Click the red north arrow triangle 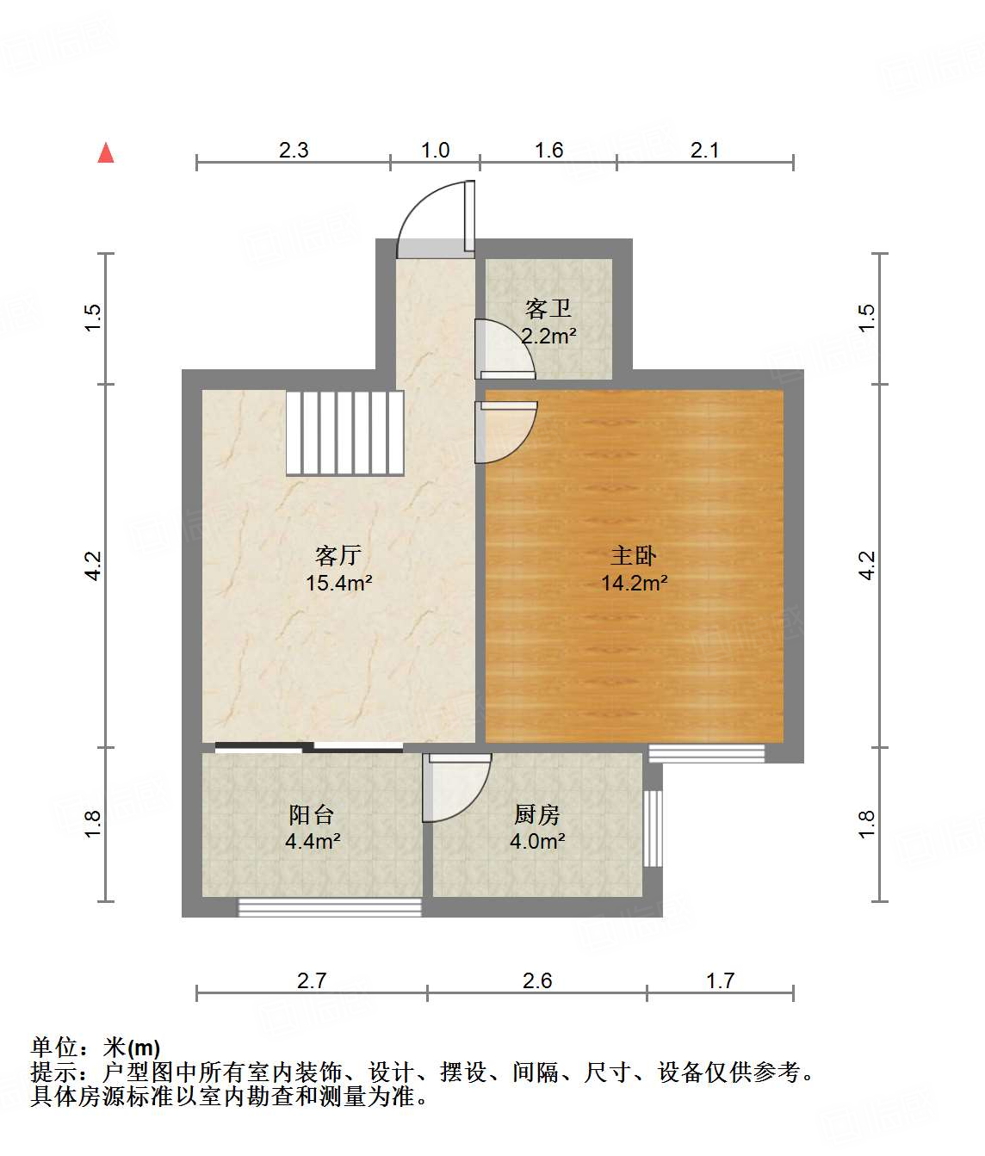(106, 153)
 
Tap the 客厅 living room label (338, 555)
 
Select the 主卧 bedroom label (634, 555)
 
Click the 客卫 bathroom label (548, 308)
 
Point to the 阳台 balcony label (311, 814)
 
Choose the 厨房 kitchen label (536, 814)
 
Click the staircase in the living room (345, 433)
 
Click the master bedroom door (506, 430)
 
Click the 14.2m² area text (635, 583)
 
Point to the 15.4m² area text (338, 583)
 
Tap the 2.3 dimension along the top (294, 150)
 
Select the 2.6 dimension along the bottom (536, 980)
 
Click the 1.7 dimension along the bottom (720, 980)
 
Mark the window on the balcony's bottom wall (330, 906)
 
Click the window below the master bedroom (706, 753)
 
